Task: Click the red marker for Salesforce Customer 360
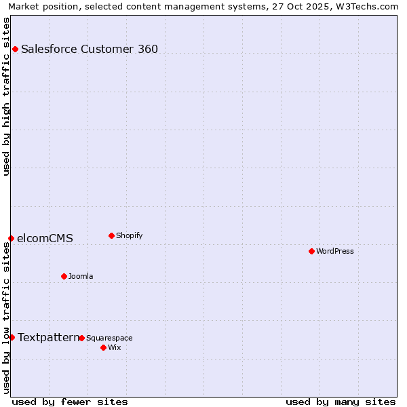click(x=15, y=49)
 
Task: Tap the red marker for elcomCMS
click(x=11, y=238)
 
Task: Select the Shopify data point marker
click(x=111, y=235)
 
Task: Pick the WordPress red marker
click(x=311, y=251)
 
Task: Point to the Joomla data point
click(x=64, y=276)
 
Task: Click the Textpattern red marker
click(x=12, y=337)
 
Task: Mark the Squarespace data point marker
click(x=81, y=338)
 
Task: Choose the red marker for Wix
click(x=103, y=347)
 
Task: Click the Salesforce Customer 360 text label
click(x=90, y=49)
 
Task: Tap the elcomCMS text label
click(x=45, y=238)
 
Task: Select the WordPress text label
click(x=335, y=251)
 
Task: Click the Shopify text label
click(x=129, y=235)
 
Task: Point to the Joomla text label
click(x=81, y=276)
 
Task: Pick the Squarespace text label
click(x=109, y=338)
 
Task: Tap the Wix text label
click(x=114, y=347)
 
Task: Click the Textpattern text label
click(x=48, y=337)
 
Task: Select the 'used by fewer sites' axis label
click(x=70, y=402)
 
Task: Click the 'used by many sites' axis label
click(x=341, y=402)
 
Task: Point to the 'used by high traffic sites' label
click(x=6, y=96)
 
